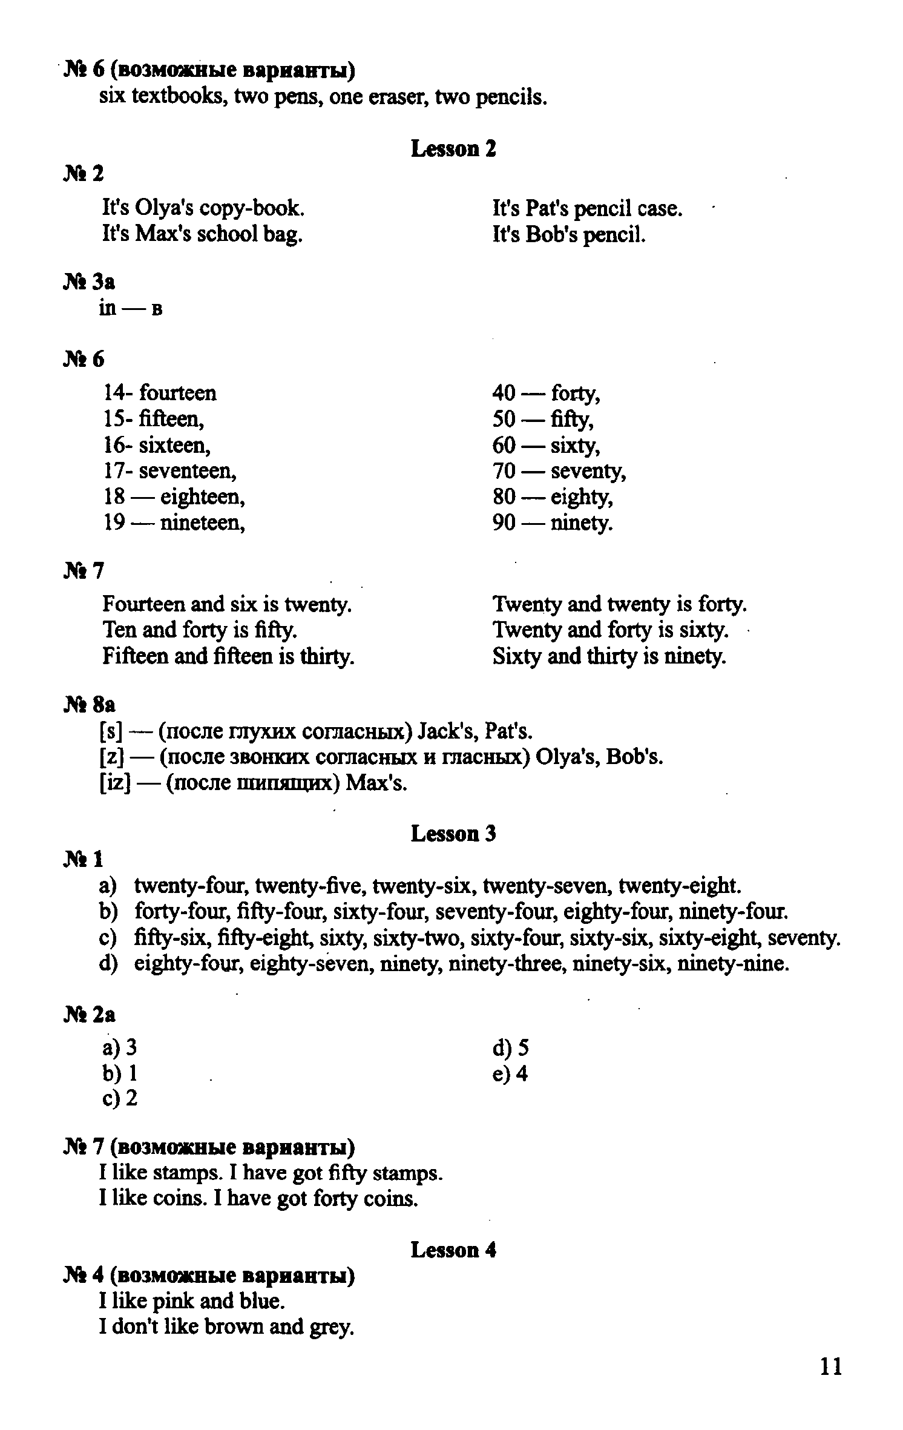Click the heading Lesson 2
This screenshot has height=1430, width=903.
[453, 148]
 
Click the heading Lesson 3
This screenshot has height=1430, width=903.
[453, 834]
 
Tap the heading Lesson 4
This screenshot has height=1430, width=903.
[453, 1250]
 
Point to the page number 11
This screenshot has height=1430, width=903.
[830, 1366]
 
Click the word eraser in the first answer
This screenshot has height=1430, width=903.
[396, 97]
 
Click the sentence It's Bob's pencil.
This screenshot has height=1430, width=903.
[569, 234]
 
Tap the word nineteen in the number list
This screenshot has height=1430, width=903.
[202, 522]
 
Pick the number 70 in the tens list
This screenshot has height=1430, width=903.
[504, 471]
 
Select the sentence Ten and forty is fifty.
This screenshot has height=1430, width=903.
[200, 630]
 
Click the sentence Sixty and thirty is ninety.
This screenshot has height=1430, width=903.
[609, 656]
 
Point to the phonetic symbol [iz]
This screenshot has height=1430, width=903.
[115, 783]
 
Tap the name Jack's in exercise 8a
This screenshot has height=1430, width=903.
[447, 732]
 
